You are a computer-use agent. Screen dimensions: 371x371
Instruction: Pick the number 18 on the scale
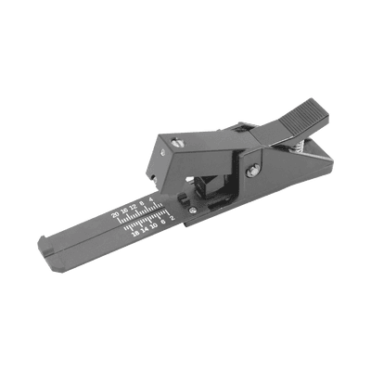coord(135,235)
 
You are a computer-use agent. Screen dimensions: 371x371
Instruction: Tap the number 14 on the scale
coord(145,230)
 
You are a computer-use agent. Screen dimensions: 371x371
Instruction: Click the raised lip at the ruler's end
coord(46,249)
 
